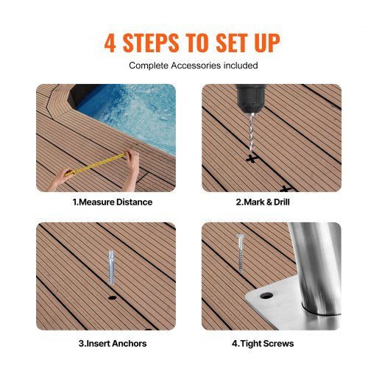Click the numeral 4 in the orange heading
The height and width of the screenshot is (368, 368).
coord(111,42)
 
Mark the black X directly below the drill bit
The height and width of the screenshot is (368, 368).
coord(251,158)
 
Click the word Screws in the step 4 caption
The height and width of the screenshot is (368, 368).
coord(280,343)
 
